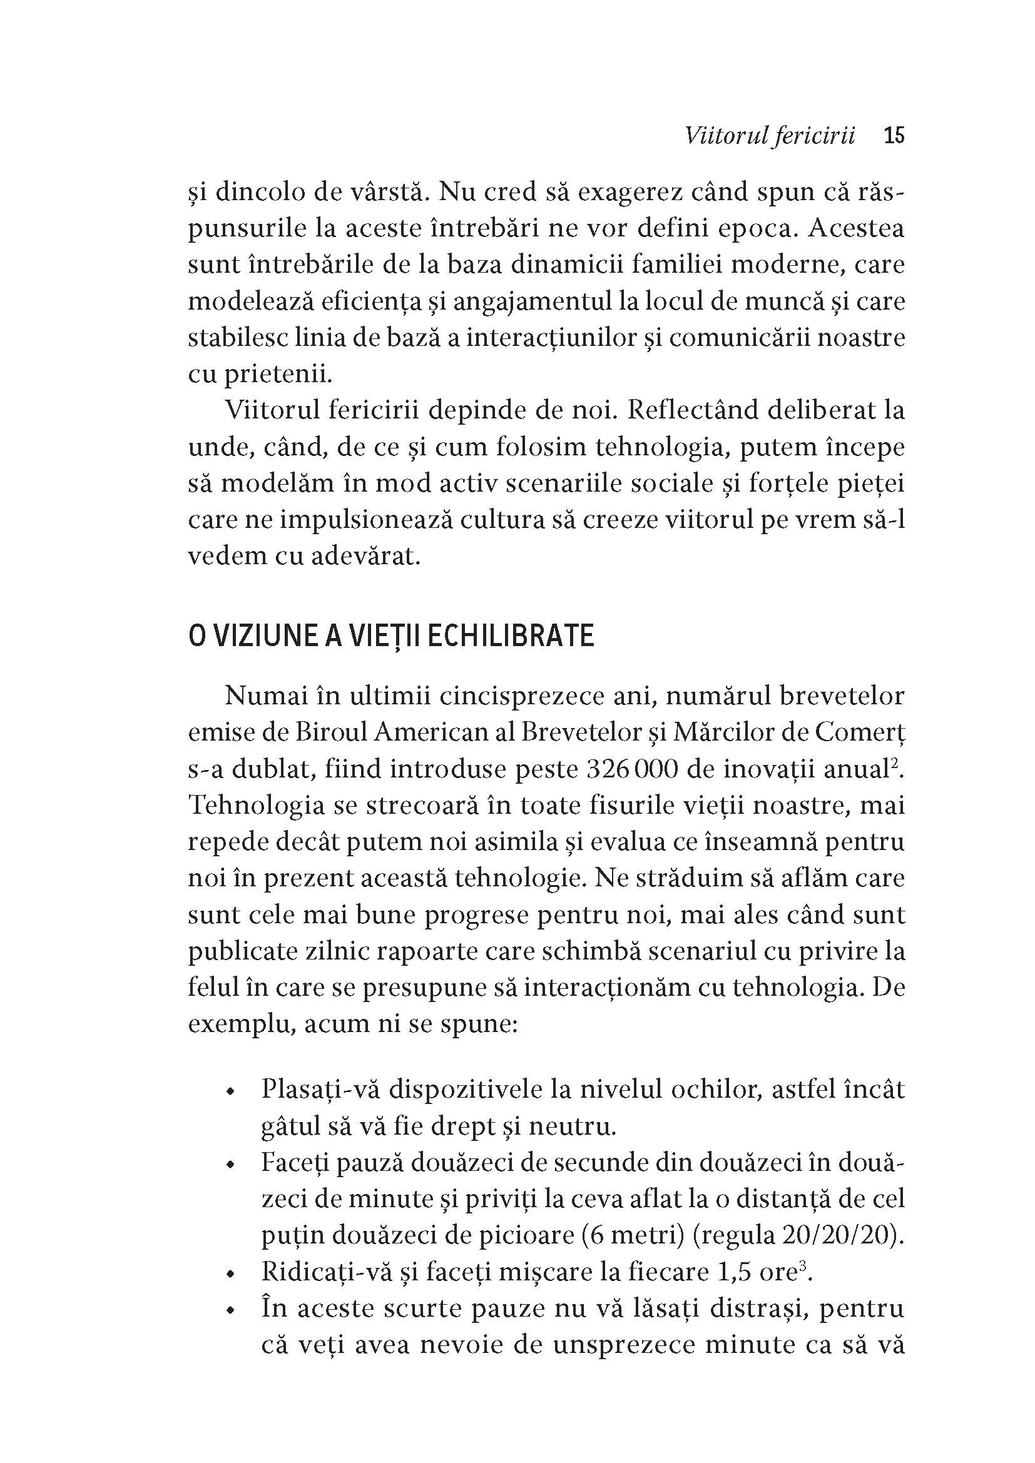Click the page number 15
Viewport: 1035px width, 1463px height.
point(894,136)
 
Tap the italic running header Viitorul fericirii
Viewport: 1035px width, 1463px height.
point(769,136)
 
